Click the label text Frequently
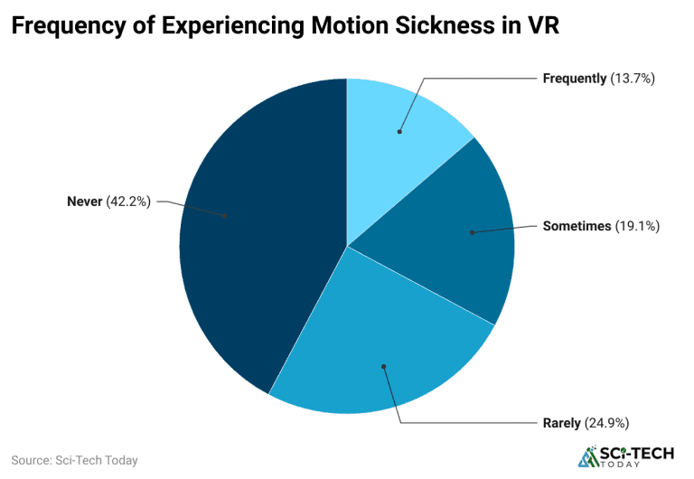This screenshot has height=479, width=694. point(574,79)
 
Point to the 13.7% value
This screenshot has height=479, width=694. point(632,79)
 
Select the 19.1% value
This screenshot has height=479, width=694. point(637,226)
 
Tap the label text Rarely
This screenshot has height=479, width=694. point(562,422)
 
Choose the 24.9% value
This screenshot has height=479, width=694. point(607,422)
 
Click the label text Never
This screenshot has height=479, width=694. point(85,201)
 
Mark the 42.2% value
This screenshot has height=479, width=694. point(129,201)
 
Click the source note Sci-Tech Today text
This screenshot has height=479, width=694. point(74,460)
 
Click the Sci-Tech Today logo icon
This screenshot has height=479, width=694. point(588,457)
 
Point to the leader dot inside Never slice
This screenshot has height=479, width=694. point(225,216)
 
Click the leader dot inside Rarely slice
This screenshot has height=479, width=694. point(383,366)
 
